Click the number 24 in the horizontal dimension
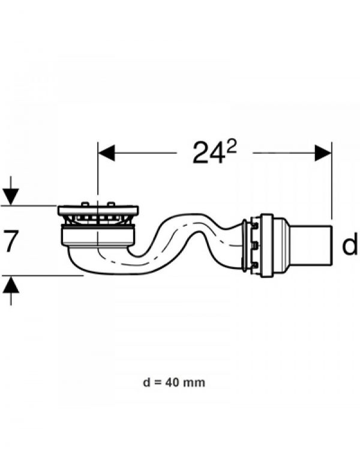tap(208, 153)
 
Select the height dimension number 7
tap(10, 241)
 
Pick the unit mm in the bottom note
tap(196, 383)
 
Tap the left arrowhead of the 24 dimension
tap(107, 153)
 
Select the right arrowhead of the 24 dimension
tap(323, 153)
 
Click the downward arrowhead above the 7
tap(11, 197)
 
